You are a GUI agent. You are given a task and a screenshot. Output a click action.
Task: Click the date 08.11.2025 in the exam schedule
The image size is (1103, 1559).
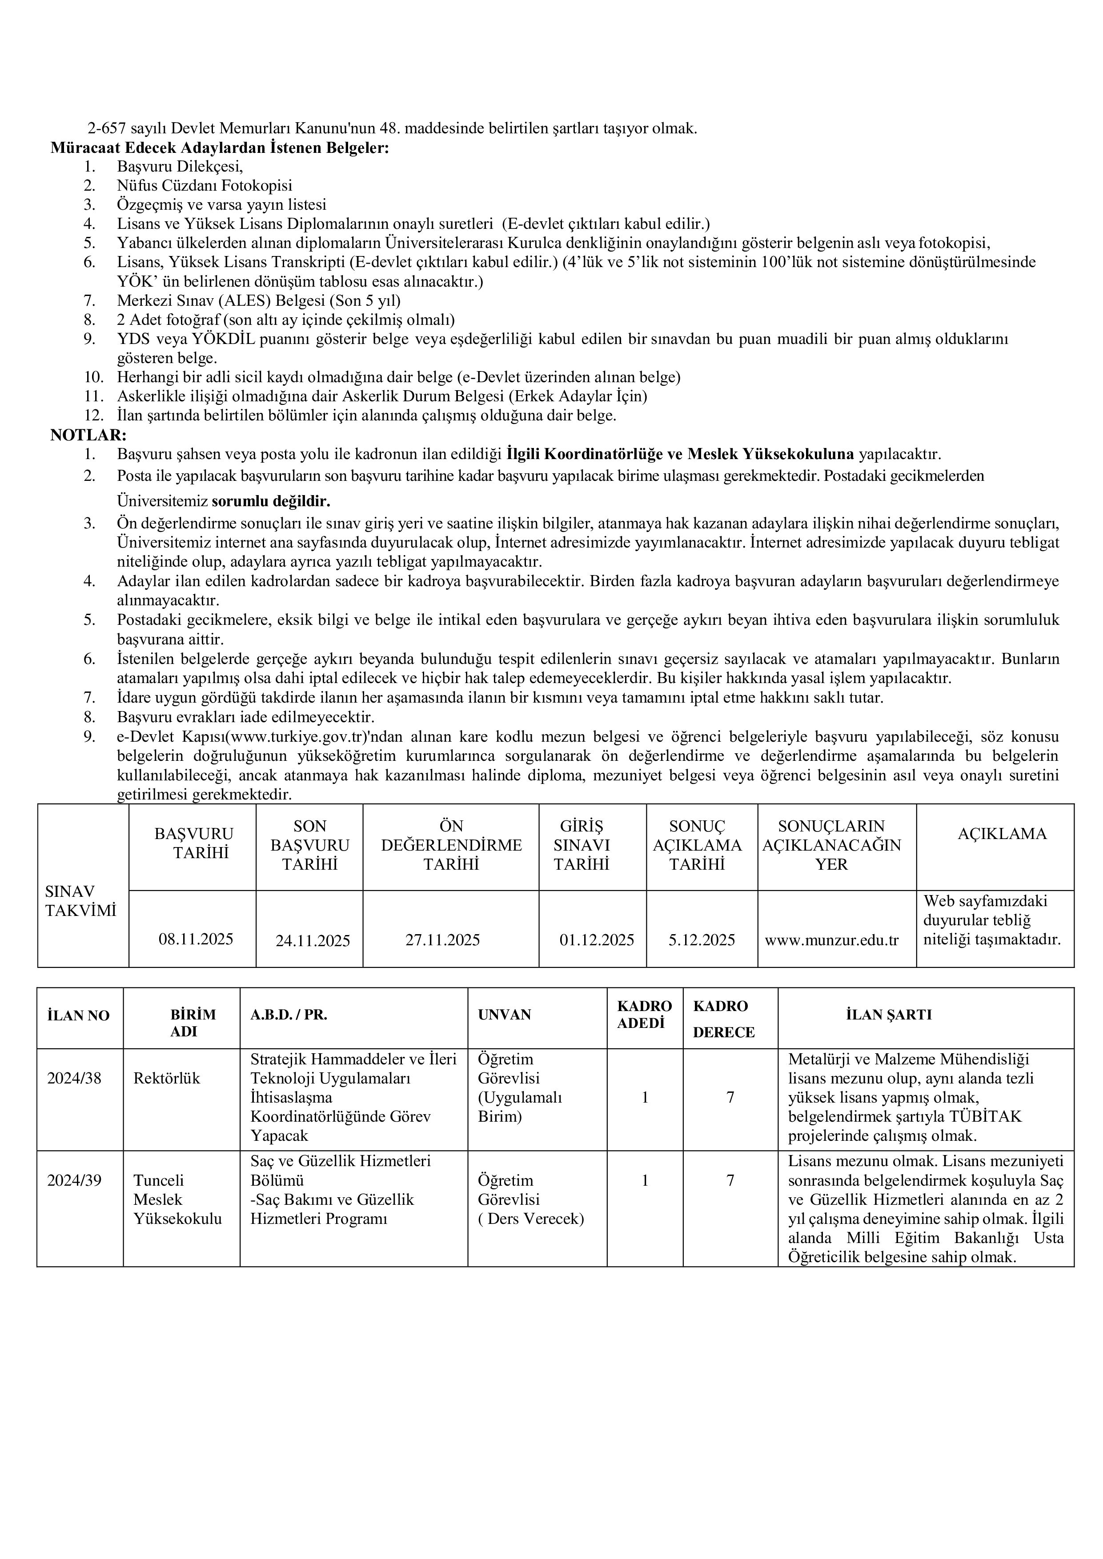(x=196, y=939)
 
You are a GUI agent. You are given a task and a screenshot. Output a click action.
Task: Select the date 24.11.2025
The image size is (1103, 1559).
(x=313, y=940)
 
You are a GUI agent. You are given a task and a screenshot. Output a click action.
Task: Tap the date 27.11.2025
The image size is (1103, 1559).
(x=442, y=940)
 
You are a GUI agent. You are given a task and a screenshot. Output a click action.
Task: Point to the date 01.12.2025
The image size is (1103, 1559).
(x=596, y=940)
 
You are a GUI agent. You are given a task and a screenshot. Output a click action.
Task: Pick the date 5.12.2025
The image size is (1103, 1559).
(x=702, y=940)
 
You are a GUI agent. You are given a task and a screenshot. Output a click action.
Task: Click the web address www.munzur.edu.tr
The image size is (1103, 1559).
(x=831, y=940)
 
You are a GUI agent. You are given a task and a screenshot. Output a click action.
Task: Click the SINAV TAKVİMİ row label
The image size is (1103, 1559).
(x=80, y=900)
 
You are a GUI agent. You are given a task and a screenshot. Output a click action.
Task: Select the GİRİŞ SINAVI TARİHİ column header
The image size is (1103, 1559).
(x=582, y=845)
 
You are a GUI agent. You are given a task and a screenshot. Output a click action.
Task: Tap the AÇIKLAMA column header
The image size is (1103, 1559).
(x=1002, y=834)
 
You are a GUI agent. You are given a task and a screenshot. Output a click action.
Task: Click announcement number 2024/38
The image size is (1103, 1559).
(x=74, y=1078)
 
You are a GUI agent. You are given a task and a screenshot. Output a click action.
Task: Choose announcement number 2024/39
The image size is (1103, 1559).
(x=74, y=1180)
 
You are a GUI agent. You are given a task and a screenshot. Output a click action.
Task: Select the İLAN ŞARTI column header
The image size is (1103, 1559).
(x=888, y=1015)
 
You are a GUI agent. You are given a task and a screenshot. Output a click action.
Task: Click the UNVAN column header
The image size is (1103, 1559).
(x=504, y=1015)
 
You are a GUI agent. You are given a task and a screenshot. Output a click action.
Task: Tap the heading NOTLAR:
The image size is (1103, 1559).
(x=88, y=435)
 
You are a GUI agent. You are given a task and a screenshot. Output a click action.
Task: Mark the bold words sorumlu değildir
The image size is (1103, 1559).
(x=271, y=502)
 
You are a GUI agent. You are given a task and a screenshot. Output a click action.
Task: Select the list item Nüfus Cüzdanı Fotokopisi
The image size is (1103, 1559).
(x=205, y=185)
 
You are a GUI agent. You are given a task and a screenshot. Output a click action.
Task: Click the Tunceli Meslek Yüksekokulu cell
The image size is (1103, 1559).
(x=177, y=1199)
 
